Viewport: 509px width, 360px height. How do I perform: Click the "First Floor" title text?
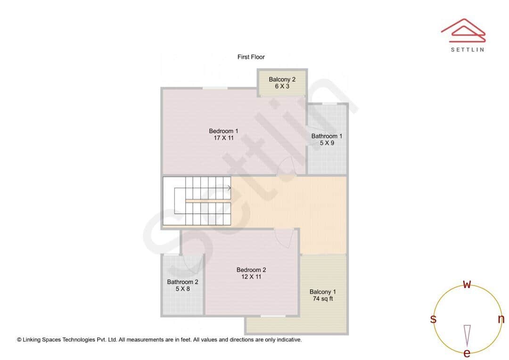(251, 57)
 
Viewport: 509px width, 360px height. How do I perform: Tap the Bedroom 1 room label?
(223, 131)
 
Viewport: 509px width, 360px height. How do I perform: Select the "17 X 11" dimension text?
(223, 138)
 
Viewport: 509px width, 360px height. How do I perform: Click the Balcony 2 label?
(282, 80)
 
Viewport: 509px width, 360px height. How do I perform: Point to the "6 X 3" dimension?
(282, 87)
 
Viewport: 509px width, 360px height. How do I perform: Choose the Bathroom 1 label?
(327, 136)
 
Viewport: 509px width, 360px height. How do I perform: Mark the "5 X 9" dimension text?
(327, 143)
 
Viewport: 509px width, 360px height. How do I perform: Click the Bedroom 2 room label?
(251, 270)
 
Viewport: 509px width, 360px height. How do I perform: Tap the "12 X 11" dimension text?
(251, 277)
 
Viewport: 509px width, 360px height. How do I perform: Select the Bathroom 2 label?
(182, 282)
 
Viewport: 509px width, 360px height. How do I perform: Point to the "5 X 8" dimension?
(182, 289)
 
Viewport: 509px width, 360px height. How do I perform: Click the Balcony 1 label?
(323, 292)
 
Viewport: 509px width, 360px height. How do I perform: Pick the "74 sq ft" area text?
(323, 299)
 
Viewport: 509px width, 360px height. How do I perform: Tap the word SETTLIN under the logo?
(467, 49)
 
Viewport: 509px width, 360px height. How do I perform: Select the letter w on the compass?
(467, 285)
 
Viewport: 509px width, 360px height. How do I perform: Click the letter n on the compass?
(501, 319)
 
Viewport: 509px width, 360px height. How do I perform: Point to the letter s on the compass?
(433, 319)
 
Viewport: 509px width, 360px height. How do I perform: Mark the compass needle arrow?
(467, 335)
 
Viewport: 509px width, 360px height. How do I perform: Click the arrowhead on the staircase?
(229, 188)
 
